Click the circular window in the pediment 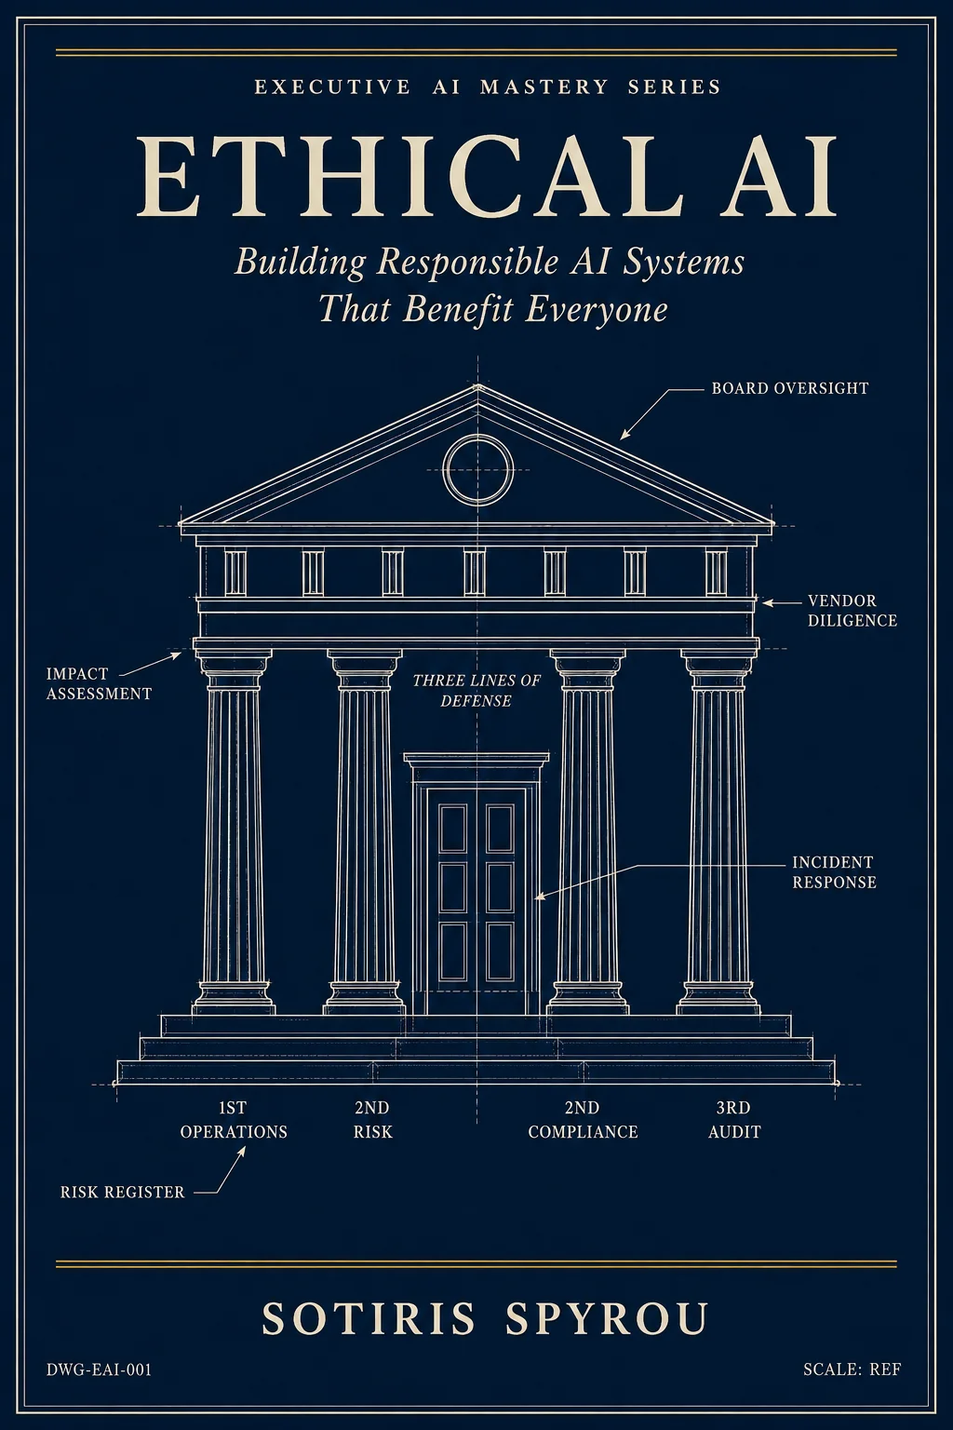pyautogui.click(x=478, y=440)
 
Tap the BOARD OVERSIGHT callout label pyautogui.click(x=790, y=388)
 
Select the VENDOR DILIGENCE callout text pyautogui.click(x=852, y=611)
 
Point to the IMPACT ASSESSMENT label pyautogui.click(x=99, y=683)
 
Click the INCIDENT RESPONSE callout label pyautogui.click(x=834, y=872)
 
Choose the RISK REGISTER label pyautogui.click(x=123, y=1192)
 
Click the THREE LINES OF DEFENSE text pyautogui.click(x=476, y=691)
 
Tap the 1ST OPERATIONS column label pyautogui.click(x=234, y=1119)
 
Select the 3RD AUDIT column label pyautogui.click(x=734, y=1119)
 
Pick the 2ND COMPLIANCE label pyautogui.click(x=583, y=1119)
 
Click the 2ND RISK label pyautogui.click(x=373, y=1119)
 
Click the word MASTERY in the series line pyautogui.click(x=544, y=87)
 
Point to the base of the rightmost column pyautogui.click(x=718, y=999)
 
